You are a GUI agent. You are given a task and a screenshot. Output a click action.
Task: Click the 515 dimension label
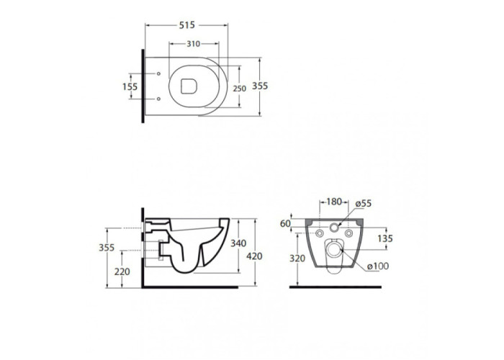(187, 24)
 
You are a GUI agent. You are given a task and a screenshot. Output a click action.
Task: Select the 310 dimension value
(194, 44)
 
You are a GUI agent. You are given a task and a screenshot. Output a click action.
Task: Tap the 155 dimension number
(130, 86)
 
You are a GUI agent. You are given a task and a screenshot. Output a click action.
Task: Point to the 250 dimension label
(240, 89)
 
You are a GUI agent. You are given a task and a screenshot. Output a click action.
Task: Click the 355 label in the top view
(260, 86)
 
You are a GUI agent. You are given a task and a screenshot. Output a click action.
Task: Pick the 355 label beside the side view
(107, 248)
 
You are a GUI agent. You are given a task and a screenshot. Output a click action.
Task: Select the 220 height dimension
(122, 271)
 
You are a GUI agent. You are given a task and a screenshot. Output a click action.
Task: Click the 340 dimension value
(238, 243)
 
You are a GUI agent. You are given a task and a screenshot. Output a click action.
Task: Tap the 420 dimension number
(255, 256)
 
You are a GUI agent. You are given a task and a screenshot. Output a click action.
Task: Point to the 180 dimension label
(334, 202)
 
